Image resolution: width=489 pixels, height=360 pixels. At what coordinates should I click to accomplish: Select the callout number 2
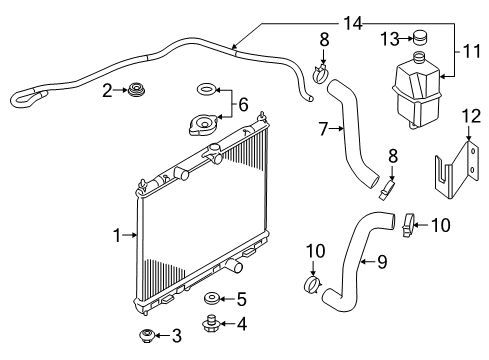[x=107, y=91]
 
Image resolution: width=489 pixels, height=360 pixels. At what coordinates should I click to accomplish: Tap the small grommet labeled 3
[x=146, y=334]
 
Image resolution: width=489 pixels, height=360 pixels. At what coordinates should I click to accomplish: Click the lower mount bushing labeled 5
[x=211, y=299]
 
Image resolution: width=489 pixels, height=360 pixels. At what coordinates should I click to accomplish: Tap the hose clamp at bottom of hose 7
[x=392, y=185]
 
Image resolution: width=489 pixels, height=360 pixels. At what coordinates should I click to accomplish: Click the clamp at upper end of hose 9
[x=407, y=226]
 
